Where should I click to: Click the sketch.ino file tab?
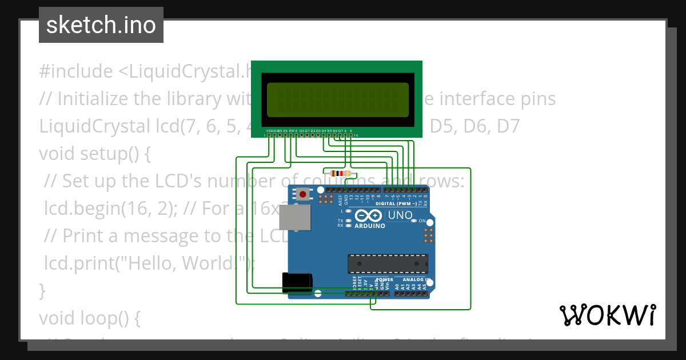[101, 25]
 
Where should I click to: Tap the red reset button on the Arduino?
[302, 195]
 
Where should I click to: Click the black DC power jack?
[297, 283]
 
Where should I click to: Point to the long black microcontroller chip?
[388, 263]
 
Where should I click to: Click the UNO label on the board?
[400, 215]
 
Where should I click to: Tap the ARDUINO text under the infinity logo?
[369, 225]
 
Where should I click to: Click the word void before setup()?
[57, 154]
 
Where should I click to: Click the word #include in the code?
[76, 71]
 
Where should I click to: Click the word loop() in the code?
[117, 318]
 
